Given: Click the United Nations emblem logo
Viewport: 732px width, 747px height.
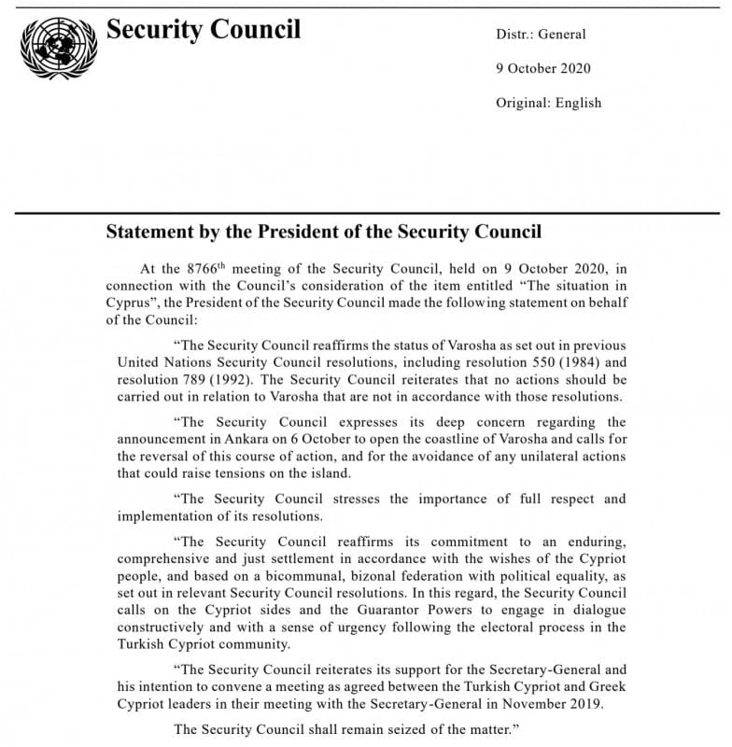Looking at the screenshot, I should point(57,46).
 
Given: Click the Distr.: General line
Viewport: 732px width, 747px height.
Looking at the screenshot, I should point(541,35).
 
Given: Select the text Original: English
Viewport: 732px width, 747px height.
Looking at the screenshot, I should point(548,103).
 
